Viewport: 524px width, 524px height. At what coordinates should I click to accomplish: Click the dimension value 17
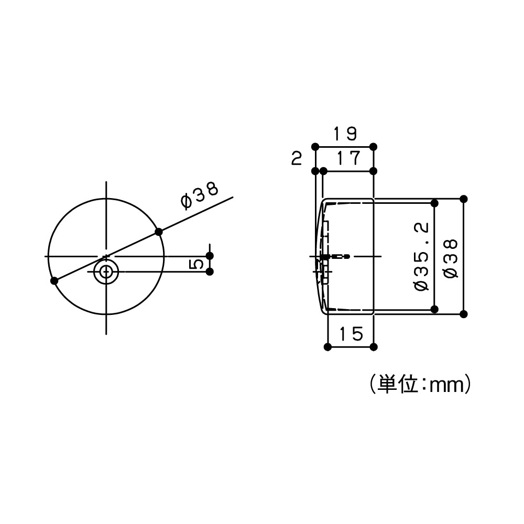tap(348, 158)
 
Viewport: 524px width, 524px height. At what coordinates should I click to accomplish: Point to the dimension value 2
tap(297, 159)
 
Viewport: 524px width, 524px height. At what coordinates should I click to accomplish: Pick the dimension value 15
tap(350, 334)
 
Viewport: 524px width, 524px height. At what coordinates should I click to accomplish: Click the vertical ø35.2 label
tap(421, 256)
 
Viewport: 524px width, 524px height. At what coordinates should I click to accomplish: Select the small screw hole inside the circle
tap(106, 271)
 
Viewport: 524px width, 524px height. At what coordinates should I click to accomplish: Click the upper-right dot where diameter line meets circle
tap(159, 232)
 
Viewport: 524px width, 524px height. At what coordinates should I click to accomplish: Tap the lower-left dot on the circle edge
tap(54, 281)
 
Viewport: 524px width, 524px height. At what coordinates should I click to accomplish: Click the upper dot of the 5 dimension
tap(210, 256)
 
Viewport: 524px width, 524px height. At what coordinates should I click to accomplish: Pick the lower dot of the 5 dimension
tap(210, 271)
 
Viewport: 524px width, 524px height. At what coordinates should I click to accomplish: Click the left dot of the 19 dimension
tap(315, 146)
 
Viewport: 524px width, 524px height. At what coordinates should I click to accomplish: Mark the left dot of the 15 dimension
tap(327, 347)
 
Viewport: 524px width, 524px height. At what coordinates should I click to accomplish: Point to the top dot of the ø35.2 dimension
tap(434, 203)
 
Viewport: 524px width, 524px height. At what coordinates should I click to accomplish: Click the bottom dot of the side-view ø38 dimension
tap(463, 314)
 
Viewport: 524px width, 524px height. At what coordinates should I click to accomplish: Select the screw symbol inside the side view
tap(333, 256)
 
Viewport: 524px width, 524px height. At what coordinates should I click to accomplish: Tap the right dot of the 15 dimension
tap(373, 347)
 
